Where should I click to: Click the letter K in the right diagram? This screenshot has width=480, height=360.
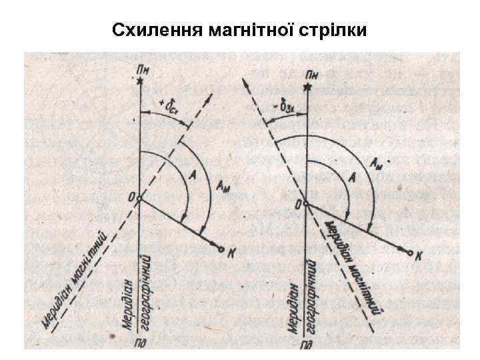click(419, 256)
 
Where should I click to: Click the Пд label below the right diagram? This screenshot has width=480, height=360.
click(306, 345)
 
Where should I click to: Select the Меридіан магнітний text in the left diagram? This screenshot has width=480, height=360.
click(75, 279)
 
